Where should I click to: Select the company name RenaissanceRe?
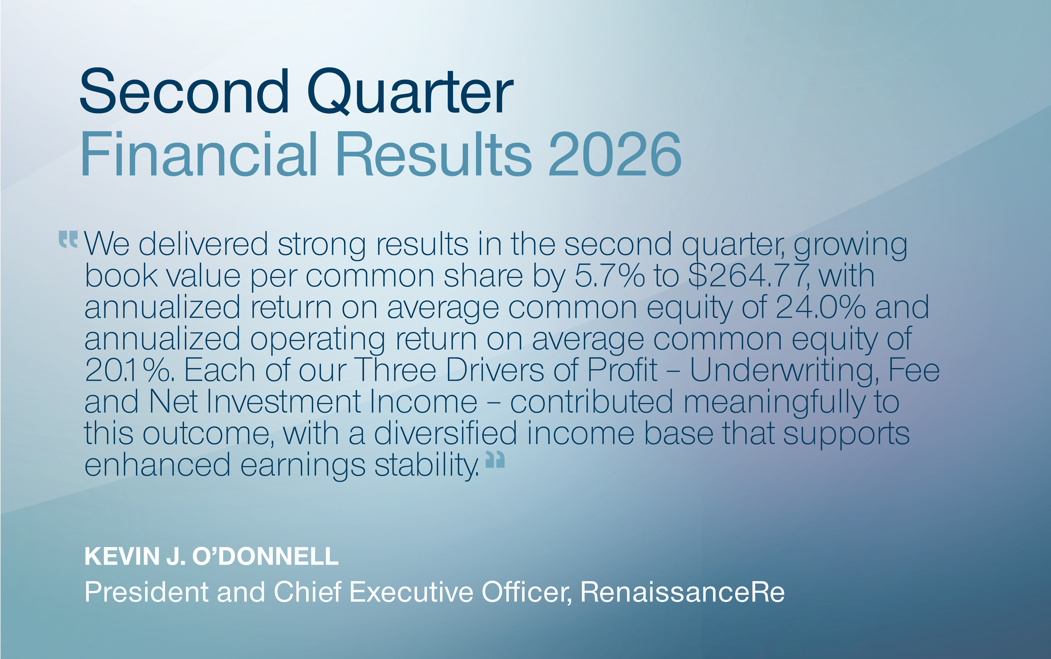tap(682, 592)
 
